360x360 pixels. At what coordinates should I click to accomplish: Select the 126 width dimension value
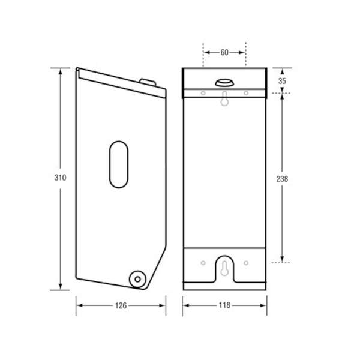coord(121,305)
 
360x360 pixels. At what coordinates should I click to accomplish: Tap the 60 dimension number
coord(224,52)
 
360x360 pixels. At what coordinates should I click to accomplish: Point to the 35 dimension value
coord(283,79)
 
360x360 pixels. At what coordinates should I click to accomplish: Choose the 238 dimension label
coord(283,178)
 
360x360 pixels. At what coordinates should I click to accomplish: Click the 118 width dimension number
coord(224,305)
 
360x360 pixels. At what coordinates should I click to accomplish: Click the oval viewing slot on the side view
coord(119,163)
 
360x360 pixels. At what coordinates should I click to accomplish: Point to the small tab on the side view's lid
coord(146,81)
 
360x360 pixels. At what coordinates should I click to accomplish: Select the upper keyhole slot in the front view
coord(224,100)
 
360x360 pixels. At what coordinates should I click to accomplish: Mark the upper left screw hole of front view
coord(203,93)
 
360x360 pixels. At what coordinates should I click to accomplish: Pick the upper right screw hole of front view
coord(246,93)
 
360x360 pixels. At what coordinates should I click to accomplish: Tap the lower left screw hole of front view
coord(203,263)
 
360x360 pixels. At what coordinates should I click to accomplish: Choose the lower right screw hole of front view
coord(246,263)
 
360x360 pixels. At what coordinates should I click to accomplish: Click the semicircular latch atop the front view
coord(224,82)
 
